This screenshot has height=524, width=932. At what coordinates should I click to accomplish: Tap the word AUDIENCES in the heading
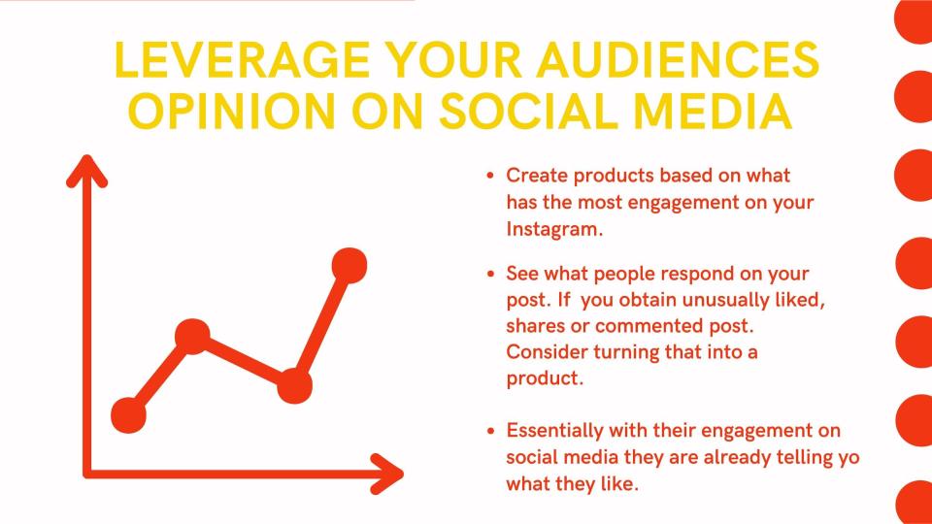[x=679, y=59]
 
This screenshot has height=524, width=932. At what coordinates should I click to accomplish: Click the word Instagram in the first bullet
[x=554, y=229]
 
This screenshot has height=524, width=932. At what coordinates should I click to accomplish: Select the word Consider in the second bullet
[x=547, y=351]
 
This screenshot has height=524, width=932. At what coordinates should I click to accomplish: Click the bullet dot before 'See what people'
[x=490, y=274]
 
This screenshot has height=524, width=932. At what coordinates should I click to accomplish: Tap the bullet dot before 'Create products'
[x=490, y=176]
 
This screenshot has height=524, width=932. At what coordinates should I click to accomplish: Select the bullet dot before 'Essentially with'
[x=490, y=431]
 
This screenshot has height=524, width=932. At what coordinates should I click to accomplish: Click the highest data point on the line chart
[x=349, y=265]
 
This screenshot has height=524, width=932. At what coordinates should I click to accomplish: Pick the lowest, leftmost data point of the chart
[x=128, y=415]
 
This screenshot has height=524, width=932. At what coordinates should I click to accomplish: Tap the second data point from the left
[x=192, y=337]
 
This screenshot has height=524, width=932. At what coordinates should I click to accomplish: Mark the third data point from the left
[x=295, y=385]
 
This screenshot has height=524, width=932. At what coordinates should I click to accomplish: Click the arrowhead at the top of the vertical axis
[x=86, y=170]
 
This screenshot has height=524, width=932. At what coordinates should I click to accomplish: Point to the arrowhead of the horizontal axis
[x=388, y=475]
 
